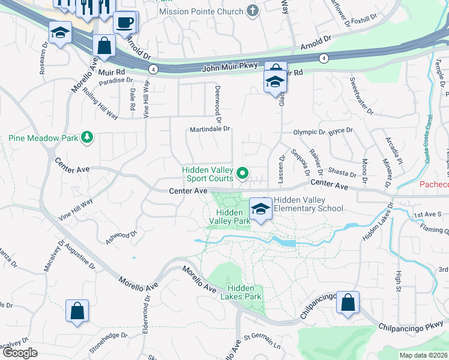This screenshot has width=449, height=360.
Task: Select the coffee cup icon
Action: point(124,23)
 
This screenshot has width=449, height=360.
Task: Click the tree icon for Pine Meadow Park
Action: point(88,137)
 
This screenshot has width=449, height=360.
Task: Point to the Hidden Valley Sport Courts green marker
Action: point(243,174)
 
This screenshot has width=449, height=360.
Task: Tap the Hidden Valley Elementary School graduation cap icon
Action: point(261,209)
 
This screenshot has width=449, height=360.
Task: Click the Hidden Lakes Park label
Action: point(244,292)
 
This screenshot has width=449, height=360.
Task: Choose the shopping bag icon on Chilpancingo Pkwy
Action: point(348,302)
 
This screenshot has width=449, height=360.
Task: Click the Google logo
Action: point(20,353)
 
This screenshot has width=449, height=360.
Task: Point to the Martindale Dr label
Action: point(210,128)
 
